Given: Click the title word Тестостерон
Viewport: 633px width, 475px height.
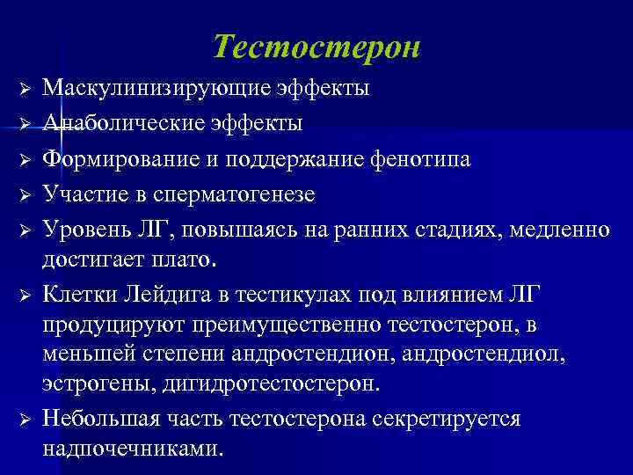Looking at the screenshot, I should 316,47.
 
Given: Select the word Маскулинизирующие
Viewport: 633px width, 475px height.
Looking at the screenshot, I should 145,89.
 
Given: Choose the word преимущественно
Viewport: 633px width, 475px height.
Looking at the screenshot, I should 258,326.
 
